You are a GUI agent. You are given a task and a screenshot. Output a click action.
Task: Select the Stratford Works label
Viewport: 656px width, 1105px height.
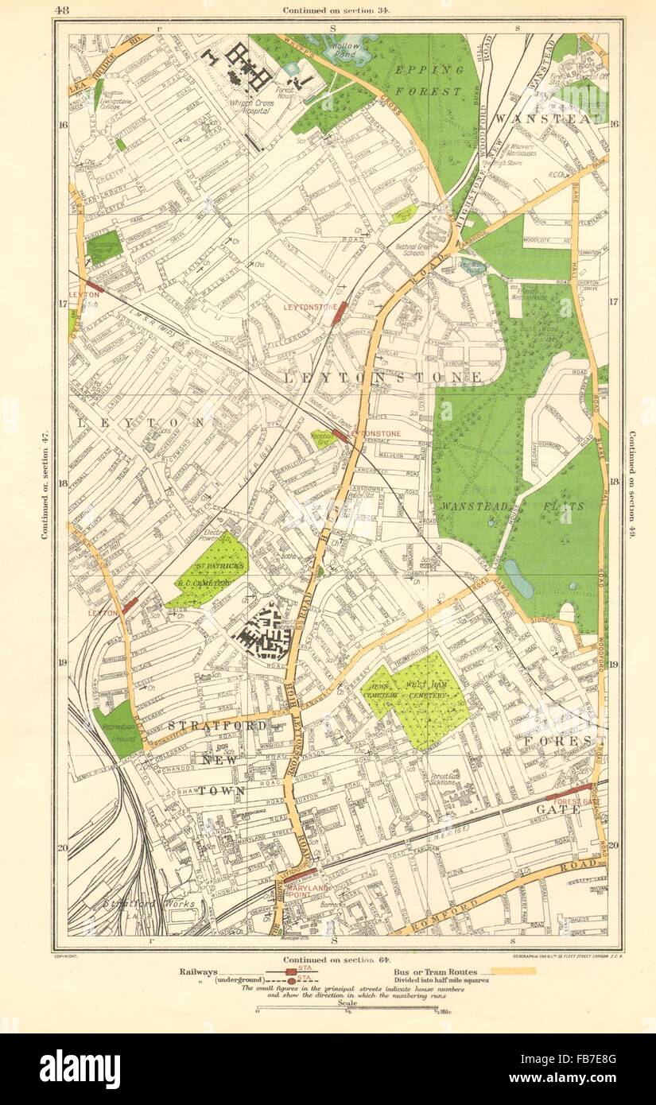tap(134, 904)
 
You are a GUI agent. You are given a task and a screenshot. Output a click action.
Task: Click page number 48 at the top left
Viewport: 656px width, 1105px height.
tap(63, 9)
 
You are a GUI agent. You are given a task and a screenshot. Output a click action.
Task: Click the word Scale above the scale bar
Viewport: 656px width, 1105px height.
tap(347, 1003)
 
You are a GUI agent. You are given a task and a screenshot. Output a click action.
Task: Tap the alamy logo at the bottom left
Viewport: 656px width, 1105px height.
tap(80, 1068)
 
